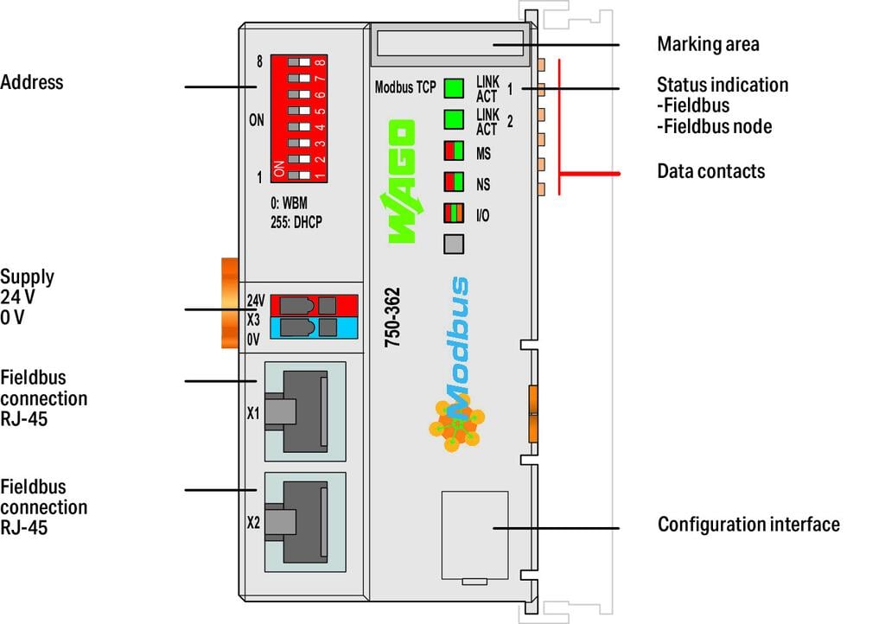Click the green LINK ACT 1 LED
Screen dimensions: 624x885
454,88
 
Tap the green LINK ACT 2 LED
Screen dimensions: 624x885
454,120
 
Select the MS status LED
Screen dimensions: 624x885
454,151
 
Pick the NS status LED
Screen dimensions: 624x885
454,182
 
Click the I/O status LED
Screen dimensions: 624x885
454,213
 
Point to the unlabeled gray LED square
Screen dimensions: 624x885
454,244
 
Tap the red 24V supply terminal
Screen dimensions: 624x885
314,305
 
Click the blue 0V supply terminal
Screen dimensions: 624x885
314,327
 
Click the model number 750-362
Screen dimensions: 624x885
392,317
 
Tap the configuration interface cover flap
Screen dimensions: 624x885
474,536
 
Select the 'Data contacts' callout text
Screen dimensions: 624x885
710,171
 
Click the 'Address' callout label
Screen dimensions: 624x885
32,83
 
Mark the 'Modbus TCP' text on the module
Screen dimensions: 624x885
404,88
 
